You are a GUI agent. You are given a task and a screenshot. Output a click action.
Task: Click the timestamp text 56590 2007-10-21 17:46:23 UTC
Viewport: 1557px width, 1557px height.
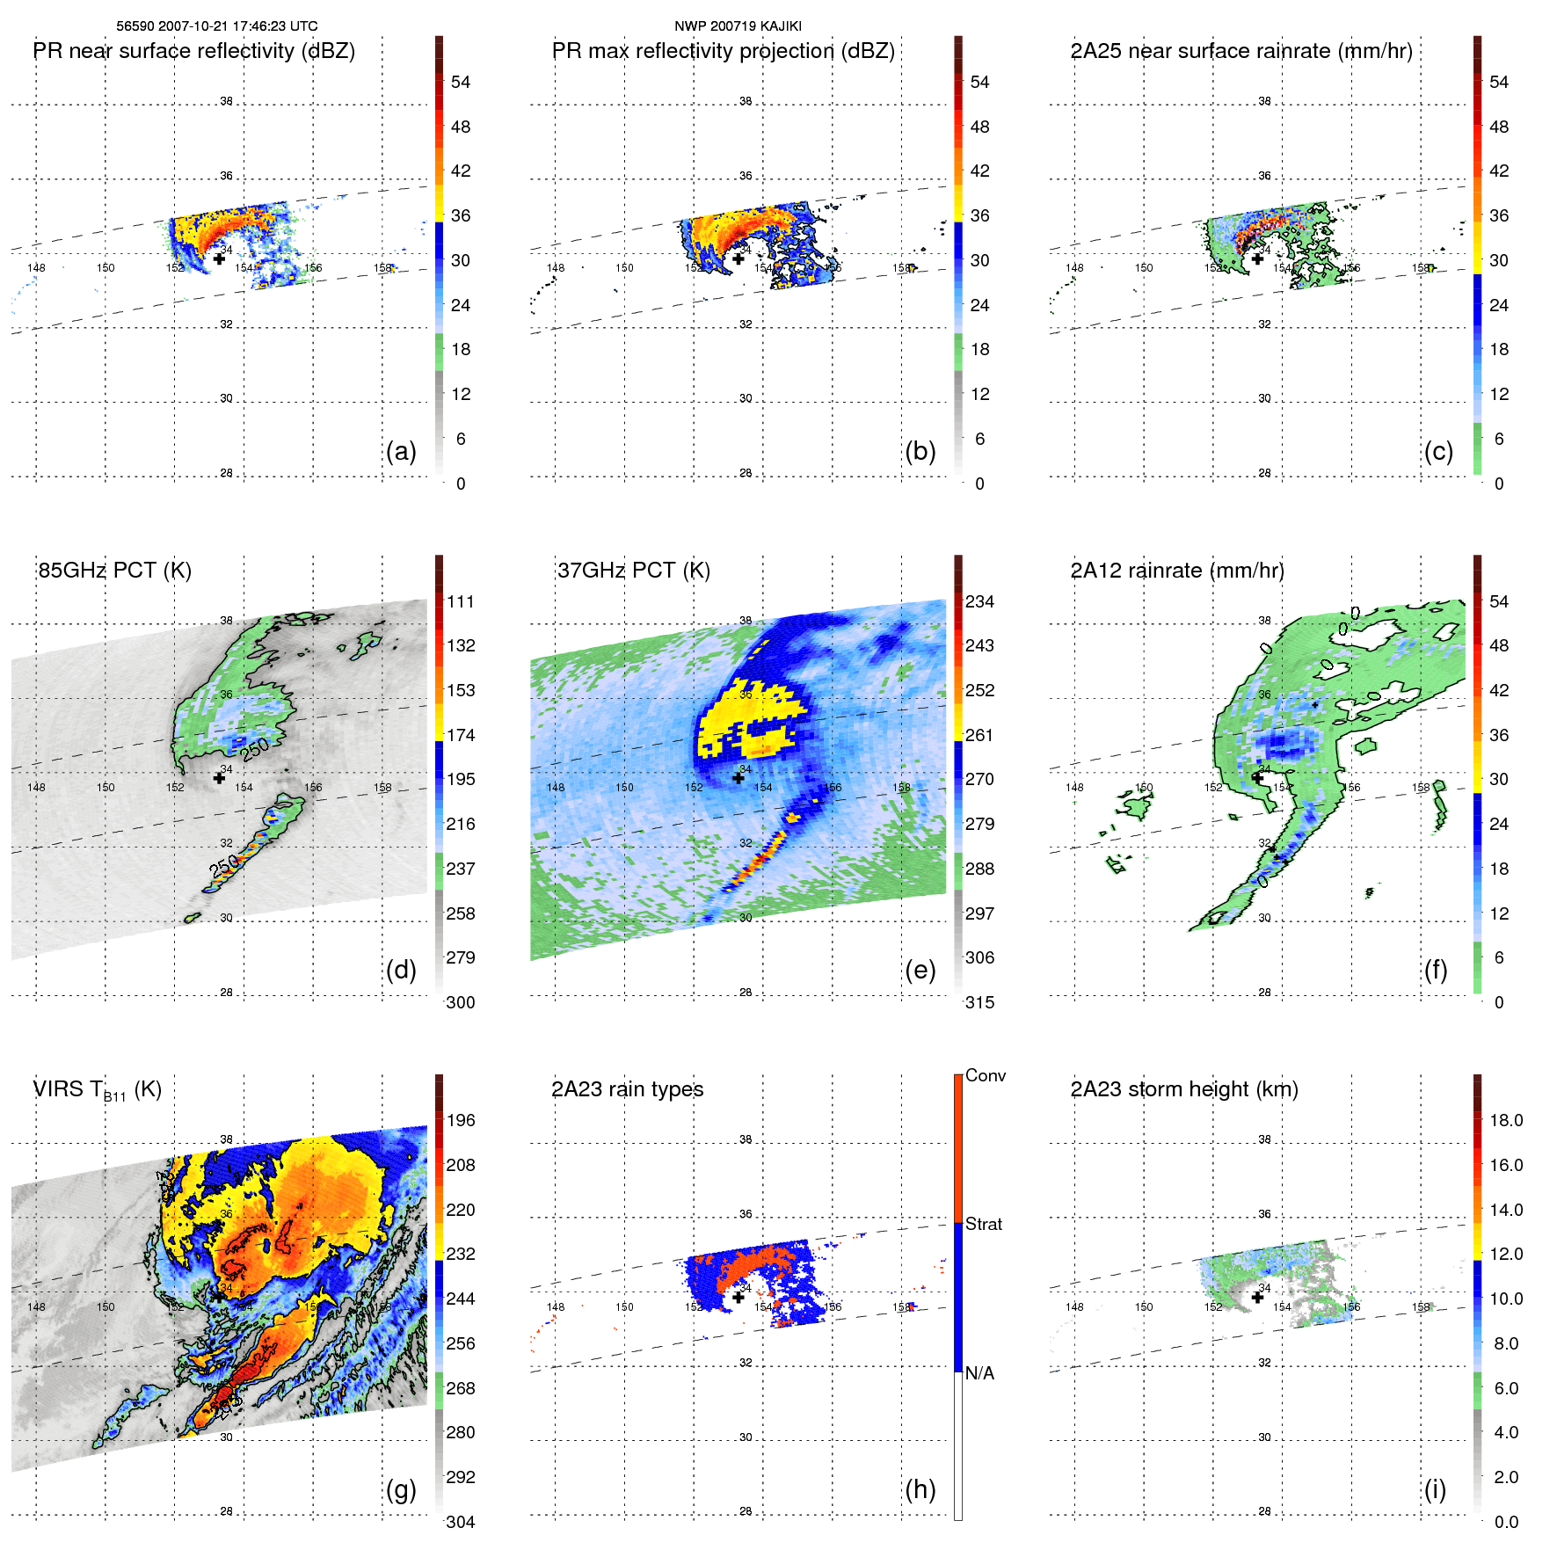tap(217, 26)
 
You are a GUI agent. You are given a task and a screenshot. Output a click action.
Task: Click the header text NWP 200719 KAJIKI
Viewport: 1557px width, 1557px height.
tap(738, 26)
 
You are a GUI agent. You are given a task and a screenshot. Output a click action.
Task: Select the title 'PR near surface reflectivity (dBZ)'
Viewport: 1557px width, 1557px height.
tap(194, 51)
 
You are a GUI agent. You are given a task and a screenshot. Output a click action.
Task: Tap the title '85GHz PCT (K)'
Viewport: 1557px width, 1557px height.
tap(114, 571)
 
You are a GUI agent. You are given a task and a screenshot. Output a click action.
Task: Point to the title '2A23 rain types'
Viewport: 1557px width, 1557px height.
tap(627, 1089)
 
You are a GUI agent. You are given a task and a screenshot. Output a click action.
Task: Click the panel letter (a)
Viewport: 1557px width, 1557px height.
tap(401, 451)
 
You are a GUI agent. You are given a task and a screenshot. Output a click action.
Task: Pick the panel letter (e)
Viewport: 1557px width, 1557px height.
tap(920, 970)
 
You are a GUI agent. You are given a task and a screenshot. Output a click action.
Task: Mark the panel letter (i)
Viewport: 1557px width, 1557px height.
tap(1435, 1489)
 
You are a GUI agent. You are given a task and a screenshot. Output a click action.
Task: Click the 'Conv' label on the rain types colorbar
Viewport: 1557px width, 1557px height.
tap(986, 1075)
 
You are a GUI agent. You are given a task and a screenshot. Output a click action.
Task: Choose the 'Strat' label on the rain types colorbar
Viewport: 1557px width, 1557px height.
tap(984, 1224)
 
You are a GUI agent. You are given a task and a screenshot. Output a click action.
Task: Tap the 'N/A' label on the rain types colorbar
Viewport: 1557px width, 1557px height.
tap(979, 1373)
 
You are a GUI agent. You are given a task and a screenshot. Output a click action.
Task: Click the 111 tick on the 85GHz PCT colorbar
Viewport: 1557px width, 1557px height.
tap(461, 601)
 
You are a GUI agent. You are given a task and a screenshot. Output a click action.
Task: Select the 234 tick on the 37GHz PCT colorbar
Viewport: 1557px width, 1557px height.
tap(979, 601)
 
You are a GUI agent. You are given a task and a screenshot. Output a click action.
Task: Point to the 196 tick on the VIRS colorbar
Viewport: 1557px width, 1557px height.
tap(461, 1120)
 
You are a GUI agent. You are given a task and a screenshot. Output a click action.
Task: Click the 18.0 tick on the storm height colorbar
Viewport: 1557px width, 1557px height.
tap(1506, 1120)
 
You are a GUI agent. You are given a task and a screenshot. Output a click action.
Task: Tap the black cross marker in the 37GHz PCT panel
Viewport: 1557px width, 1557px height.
tap(738, 778)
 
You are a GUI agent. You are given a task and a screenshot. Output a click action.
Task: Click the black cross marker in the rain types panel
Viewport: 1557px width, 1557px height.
tap(738, 1297)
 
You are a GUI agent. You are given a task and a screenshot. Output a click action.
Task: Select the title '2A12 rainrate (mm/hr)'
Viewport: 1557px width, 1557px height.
tap(1177, 571)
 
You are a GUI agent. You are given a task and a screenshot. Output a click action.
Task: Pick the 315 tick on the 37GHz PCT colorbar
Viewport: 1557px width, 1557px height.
tap(979, 1002)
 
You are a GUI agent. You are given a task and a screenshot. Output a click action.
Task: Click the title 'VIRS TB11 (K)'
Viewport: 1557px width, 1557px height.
tap(98, 1090)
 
